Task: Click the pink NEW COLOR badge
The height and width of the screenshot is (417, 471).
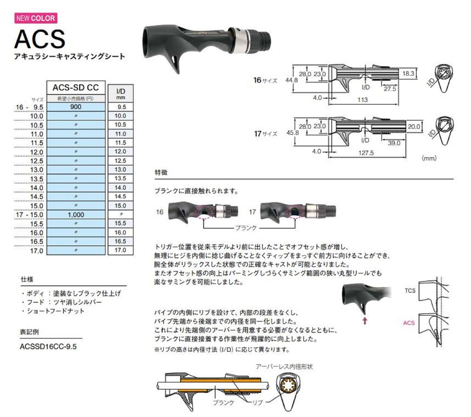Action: click(x=36, y=19)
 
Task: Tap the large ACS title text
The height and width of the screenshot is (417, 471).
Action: click(x=40, y=39)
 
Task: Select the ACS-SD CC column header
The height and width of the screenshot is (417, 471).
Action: click(x=75, y=87)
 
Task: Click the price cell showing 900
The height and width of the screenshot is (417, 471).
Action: click(x=75, y=107)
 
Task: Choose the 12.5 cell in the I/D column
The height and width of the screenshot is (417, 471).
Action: click(x=120, y=160)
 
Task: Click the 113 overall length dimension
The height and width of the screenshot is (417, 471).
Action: click(x=363, y=100)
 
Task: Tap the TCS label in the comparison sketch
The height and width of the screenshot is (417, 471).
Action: click(x=410, y=291)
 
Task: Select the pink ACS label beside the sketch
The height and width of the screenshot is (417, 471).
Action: click(x=408, y=323)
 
